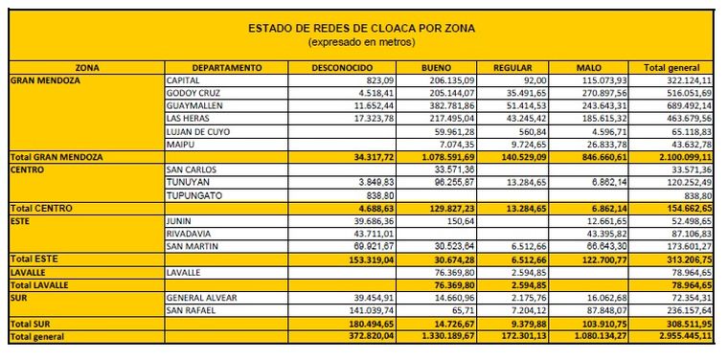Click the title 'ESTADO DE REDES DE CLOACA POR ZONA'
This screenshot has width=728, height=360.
361,29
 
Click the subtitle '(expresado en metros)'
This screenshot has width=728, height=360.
361,43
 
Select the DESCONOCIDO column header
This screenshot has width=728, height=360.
343,68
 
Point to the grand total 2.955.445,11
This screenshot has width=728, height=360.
675,337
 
